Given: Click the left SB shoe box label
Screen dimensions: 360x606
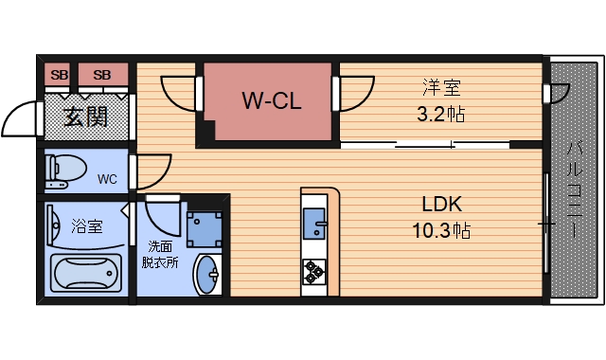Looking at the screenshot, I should coord(60,75).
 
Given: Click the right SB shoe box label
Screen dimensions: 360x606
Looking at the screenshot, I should coord(102,75).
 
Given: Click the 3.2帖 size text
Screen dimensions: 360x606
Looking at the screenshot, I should coord(441,116).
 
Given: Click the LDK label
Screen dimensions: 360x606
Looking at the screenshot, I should coord(441,204).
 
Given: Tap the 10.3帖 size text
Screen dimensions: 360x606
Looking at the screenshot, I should coord(441,229).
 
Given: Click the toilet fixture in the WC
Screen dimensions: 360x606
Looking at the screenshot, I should coord(65,171).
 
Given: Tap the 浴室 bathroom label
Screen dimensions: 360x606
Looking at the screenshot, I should coord(87,225).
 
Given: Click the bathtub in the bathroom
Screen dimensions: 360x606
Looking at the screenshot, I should coord(86,274).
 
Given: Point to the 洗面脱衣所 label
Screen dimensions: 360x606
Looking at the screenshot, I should coord(162,255).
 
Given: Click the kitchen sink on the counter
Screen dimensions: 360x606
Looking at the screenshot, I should coord(314,228).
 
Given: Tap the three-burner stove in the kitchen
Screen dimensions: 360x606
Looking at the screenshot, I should coord(314,272).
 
